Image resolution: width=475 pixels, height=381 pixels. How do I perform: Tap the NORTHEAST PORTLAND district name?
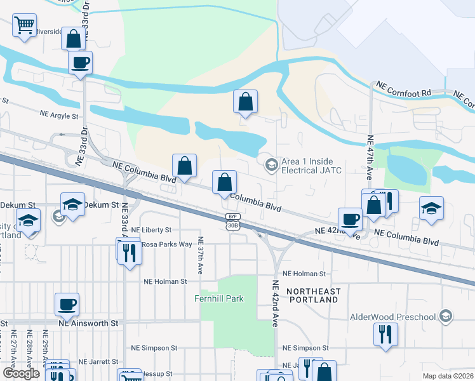[x=313, y=295]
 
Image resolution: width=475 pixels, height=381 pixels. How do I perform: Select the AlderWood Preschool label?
[x=392, y=317]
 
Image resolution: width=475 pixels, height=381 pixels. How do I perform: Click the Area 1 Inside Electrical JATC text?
[x=307, y=166]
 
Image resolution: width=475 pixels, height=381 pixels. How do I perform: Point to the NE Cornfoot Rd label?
[x=403, y=88]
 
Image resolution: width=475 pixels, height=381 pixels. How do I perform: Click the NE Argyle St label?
[x=58, y=116]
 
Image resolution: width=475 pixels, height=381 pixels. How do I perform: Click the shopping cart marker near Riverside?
[x=25, y=26]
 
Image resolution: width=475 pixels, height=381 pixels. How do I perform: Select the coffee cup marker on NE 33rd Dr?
[x=80, y=63]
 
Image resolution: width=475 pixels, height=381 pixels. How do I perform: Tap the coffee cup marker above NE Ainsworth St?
[x=66, y=304]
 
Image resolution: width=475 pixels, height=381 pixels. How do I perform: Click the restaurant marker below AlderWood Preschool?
[x=385, y=334]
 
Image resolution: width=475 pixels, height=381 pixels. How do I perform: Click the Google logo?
[x=21, y=373]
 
